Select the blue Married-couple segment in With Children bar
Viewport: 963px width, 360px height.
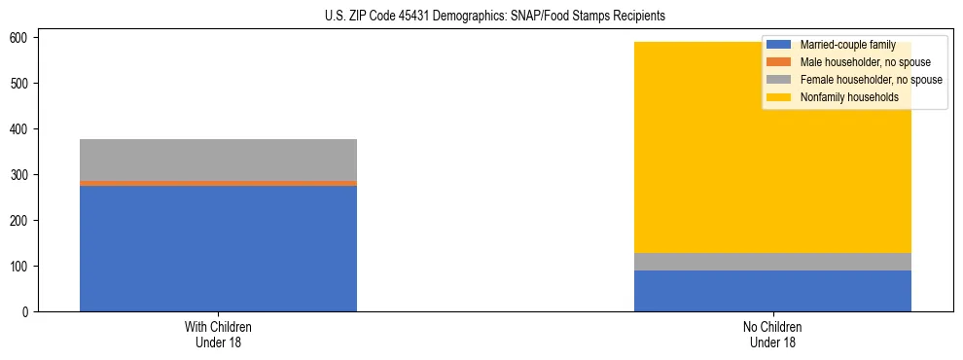[x=218, y=248]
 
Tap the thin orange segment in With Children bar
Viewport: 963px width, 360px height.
[x=218, y=183]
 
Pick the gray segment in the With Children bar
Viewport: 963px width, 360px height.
[x=218, y=160]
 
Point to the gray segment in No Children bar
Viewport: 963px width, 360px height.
[x=772, y=262]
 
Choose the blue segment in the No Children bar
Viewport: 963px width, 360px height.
[x=772, y=291]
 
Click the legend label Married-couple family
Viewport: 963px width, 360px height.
[x=847, y=45]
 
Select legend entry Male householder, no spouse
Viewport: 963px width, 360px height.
[x=865, y=62]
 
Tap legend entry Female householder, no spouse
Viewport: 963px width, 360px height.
[x=871, y=80]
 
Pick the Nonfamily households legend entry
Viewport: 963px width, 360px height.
[x=849, y=97]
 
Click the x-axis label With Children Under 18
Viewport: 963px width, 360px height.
[x=218, y=334]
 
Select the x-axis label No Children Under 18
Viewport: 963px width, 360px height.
[x=772, y=334]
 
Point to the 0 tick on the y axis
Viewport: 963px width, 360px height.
[x=28, y=312]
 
